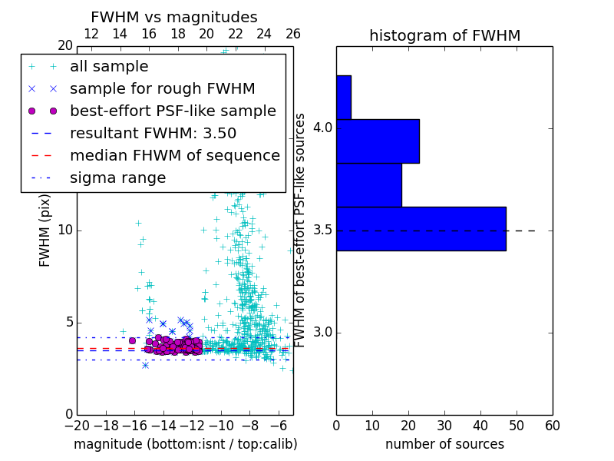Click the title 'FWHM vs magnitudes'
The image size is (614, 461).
coord(174,17)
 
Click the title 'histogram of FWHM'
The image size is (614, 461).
coord(444,35)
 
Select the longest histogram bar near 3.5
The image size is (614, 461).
coord(421,228)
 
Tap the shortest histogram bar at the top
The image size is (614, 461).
coord(343,97)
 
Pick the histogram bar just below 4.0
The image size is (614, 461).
coord(368,184)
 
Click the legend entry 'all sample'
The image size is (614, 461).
coord(109,67)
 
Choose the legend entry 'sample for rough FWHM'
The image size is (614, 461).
coord(162,88)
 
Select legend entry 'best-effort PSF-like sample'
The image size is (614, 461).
coord(173,111)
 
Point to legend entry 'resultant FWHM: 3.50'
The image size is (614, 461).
coord(153,133)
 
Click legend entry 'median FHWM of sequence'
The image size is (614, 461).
coord(174,155)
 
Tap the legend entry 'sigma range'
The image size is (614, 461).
coord(117,177)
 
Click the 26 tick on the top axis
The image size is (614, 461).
coord(293,34)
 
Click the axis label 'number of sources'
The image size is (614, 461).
coord(444,444)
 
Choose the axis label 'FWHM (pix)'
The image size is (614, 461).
coord(45,230)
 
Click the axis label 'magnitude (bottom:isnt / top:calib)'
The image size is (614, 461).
coord(185,444)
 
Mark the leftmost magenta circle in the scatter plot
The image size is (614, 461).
coord(132,340)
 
